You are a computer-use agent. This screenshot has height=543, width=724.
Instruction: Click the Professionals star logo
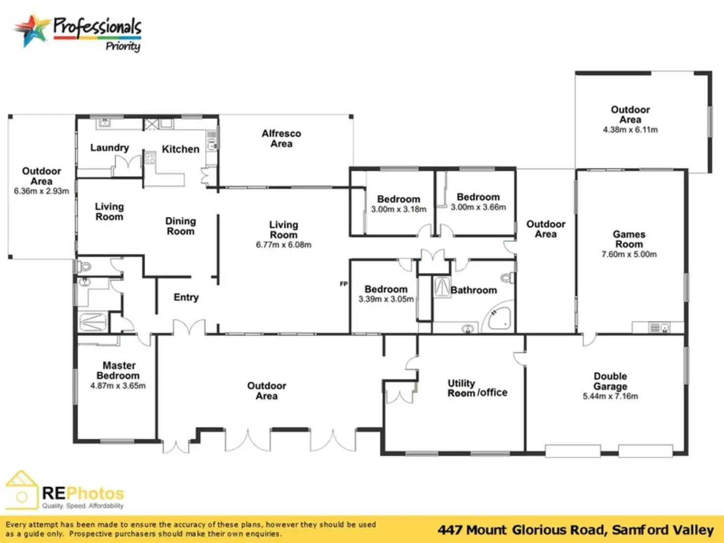tap(31, 30)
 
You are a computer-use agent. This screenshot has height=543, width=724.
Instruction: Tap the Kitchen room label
tap(181, 149)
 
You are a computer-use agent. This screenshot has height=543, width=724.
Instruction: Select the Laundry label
tap(110, 148)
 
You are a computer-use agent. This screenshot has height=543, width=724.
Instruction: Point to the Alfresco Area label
tap(281, 139)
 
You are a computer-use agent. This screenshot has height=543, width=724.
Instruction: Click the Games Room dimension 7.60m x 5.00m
tap(629, 254)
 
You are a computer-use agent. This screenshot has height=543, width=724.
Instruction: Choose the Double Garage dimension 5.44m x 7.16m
tap(610, 396)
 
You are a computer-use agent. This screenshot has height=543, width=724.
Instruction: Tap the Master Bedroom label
tap(119, 370)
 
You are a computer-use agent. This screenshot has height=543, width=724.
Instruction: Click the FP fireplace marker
tap(344, 283)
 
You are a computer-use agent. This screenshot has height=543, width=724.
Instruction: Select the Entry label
tap(186, 298)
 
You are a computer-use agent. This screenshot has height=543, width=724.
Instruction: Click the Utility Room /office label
tap(477, 388)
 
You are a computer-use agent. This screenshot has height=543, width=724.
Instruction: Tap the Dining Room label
tap(181, 226)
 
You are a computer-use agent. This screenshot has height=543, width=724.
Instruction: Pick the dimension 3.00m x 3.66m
tap(478, 207)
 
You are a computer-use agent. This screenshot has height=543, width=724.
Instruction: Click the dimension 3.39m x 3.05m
tap(386, 299)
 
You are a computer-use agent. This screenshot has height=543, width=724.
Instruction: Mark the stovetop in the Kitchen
tap(150, 157)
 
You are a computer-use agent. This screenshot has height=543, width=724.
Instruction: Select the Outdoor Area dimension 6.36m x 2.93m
tap(41, 191)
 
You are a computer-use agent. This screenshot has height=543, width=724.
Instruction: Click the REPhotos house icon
tap(22, 490)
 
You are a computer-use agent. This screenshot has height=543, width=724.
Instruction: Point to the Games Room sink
tap(659, 328)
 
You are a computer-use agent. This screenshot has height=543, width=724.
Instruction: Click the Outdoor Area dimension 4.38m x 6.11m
tap(631, 129)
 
